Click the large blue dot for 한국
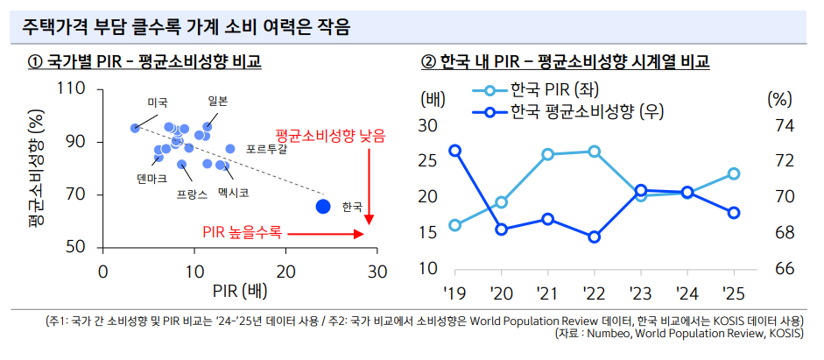[x=323, y=206]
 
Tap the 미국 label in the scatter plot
[x=158, y=102]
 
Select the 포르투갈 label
[x=266, y=149]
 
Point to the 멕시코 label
[x=234, y=191]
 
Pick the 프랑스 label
[x=192, y=191]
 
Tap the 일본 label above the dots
[x=218, y=101]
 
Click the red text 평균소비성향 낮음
[x=329, y=136]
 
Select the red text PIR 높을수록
[x=243, y=233]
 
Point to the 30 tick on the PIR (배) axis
[x=377, y=272]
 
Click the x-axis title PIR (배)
[x=239, y=292]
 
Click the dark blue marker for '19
[x=455, y=151]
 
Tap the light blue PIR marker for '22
[x=594, y=152]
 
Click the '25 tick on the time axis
[x=733, y=292]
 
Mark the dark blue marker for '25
[x=734, y=213]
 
